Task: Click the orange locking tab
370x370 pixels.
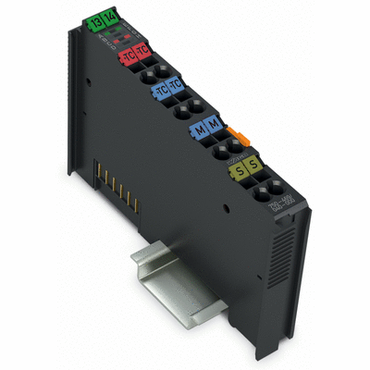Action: coord(244,138)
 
